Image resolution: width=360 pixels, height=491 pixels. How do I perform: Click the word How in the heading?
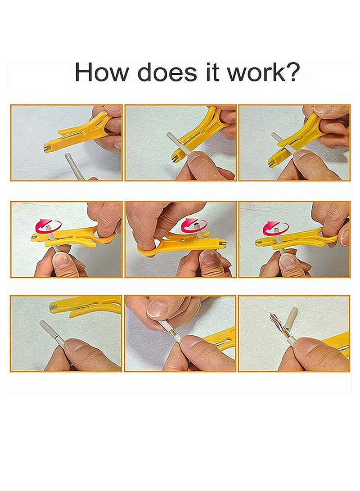coord(103,72)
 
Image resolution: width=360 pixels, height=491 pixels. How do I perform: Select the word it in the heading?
coord(213,72)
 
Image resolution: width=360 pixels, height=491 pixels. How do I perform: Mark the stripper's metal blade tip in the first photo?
coord(47,149)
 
